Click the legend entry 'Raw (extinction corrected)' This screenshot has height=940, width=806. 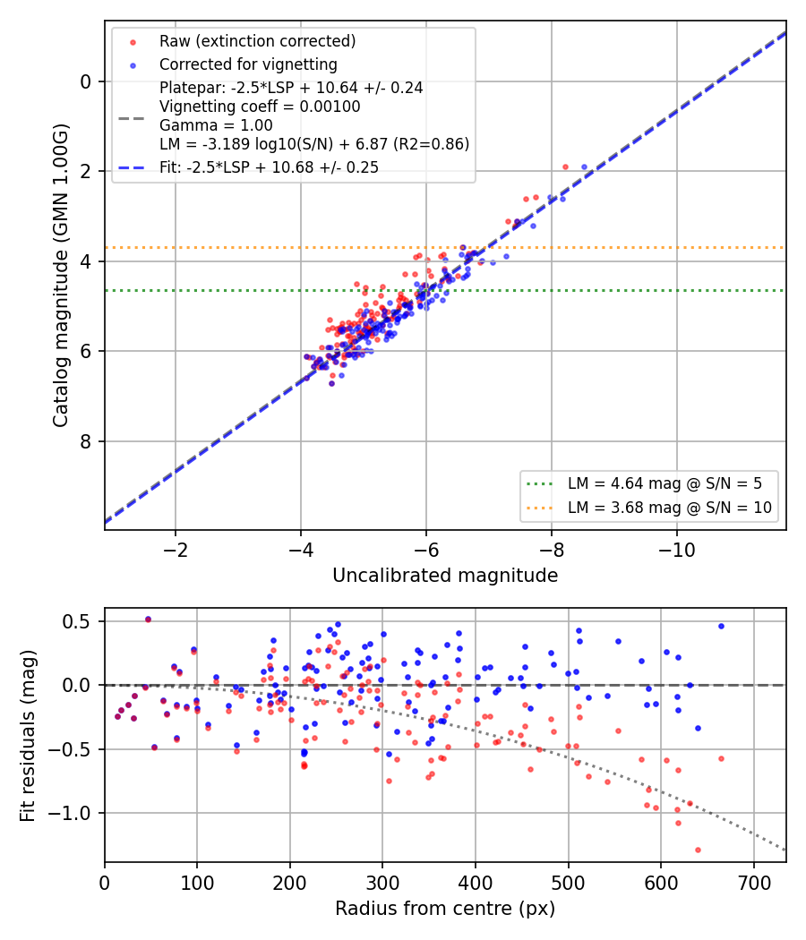257,41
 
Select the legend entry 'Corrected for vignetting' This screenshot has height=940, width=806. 248,64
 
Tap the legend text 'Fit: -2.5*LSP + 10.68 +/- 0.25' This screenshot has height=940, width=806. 270,167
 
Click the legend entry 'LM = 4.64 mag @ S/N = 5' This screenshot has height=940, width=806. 665,483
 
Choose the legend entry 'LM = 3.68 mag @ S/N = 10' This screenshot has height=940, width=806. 669,508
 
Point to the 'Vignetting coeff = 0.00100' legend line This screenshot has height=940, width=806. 260,107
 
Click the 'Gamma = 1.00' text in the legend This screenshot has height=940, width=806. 216,125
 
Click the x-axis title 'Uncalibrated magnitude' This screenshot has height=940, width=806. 445,576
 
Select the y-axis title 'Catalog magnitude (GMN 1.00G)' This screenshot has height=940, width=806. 61,276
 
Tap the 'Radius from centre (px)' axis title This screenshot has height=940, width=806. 445,909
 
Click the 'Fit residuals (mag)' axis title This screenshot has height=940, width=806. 27,736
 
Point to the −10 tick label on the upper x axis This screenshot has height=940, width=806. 677,550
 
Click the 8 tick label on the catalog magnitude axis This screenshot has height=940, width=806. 86,441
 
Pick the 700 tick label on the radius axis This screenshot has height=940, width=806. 754,883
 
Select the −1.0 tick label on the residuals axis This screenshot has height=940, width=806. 69,813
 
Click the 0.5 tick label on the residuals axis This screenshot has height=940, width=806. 76,621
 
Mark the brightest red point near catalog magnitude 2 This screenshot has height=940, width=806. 565,167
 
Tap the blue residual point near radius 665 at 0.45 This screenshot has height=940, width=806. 722,627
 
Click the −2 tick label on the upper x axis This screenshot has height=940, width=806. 176,550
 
